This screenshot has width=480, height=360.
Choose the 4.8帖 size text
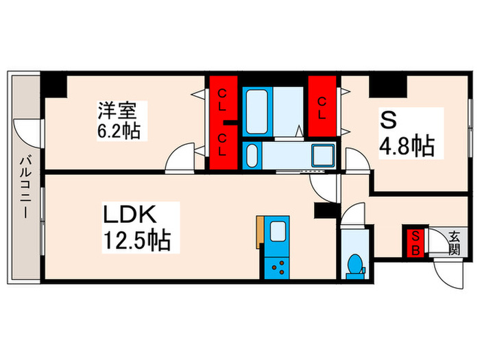pyautogui.click(x=407, y=145)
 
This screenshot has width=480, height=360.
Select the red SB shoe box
pyautogui.click(x=414, y=242)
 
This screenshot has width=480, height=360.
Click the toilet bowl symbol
pyautogui.click(x=355, y=264)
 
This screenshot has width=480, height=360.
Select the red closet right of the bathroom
pyautogui.click(x=322, y=106)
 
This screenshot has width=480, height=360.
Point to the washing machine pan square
pyautogui.click(x=322, y=155)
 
